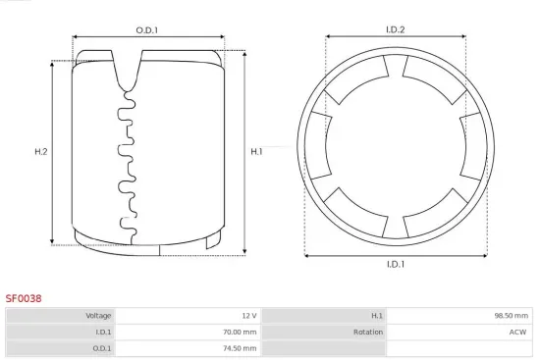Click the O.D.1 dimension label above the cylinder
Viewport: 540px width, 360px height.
pyautogui.click(x=147, y=30)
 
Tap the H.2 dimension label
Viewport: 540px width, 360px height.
pyautogui.click(x=41, y=151)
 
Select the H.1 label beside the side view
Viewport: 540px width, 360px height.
pyautogui.click(x=256, y=151)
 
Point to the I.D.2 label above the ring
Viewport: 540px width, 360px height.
pyautogui.click(x=395, y=29)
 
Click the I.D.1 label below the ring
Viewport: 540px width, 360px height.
pyautogui.click(x=396, y=264)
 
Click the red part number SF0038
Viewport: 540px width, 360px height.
pyautogui.click(x=24, y=298)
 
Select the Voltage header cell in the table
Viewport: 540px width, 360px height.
pyautogui.click(x=61, y=316)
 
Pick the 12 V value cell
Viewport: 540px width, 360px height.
pyautogui.click(x=189, y=316)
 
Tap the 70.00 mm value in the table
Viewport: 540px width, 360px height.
pyautogui.click(x=240, y=333)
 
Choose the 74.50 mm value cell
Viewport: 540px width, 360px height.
pyautogui.click(x=189, y=348)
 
